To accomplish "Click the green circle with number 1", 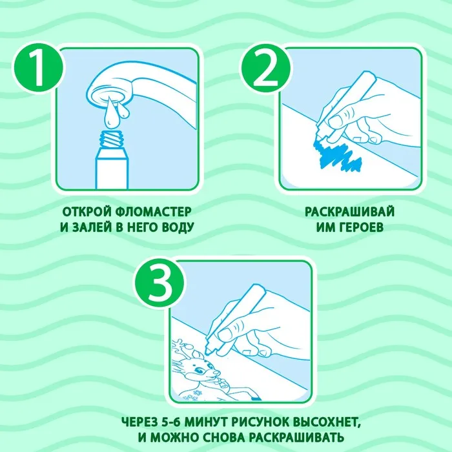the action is (x=38, y=68).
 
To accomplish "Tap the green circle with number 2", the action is (x=265, y=68).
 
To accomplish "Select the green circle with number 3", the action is (x=159, y=282).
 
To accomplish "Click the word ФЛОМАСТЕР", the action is (x=154, y=212).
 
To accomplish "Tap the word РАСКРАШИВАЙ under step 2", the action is (x=350, y=212).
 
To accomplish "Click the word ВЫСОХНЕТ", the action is (x=326, y=423).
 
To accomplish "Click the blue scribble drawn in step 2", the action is (x=337, y=155).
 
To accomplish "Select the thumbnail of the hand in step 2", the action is (x=335, y=121).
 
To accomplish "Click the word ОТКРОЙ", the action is (x=87, y=212).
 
